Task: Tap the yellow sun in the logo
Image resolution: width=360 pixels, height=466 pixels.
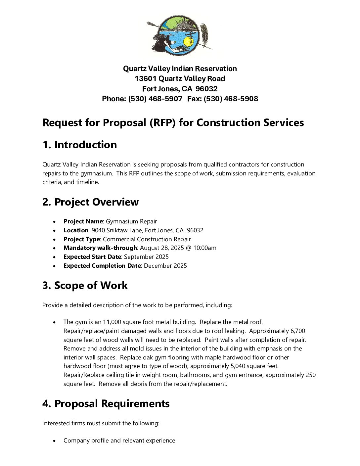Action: tap(188, 42)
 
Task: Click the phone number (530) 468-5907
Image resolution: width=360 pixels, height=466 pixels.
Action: tap(155, 99)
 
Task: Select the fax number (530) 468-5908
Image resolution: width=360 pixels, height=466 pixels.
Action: tap(231, 99)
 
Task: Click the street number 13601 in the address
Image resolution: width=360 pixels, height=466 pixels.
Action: tap(146, 78)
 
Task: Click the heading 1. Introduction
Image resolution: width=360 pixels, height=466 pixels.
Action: tap(79, 145)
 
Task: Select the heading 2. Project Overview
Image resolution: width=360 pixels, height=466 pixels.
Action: tap(90, 202)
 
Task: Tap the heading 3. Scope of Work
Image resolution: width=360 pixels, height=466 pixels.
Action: tap(85, 285)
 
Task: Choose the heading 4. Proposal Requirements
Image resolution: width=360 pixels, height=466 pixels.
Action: tap(106, 403)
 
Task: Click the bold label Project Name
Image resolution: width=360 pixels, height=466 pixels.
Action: tap(83, 221)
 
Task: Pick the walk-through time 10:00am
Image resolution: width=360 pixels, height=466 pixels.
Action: tap(205, 248)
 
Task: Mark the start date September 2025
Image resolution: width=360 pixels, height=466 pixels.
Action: tap(146, 257)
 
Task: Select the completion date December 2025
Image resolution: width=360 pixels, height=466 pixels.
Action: tap(165, 266)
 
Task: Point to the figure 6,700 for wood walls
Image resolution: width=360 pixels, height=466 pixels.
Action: tap(298, 331)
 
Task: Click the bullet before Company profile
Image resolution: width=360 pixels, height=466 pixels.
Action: tap(55, 441)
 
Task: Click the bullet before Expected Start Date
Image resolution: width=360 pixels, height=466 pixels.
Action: tap(55, 257)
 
